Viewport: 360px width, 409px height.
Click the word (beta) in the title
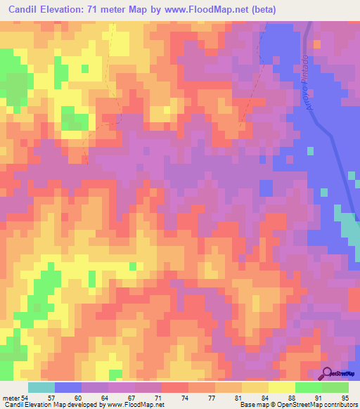[x=259, y=9]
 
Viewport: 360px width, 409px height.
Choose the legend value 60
[x=86, y=398]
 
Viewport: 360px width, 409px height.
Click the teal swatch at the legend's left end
[x=41, y=387]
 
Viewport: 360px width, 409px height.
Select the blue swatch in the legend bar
[x=67, y=387]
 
